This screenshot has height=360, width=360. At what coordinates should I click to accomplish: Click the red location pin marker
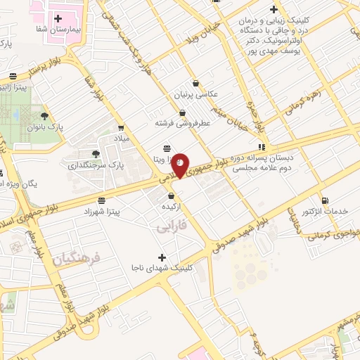[181, 165]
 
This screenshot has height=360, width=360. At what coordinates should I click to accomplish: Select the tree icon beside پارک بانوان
[44, 115]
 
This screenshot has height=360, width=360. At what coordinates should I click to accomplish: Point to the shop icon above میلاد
[121, 128]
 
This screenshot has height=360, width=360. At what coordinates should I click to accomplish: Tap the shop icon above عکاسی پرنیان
[195, 83]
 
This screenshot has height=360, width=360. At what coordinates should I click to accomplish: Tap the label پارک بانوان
[45, 127]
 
